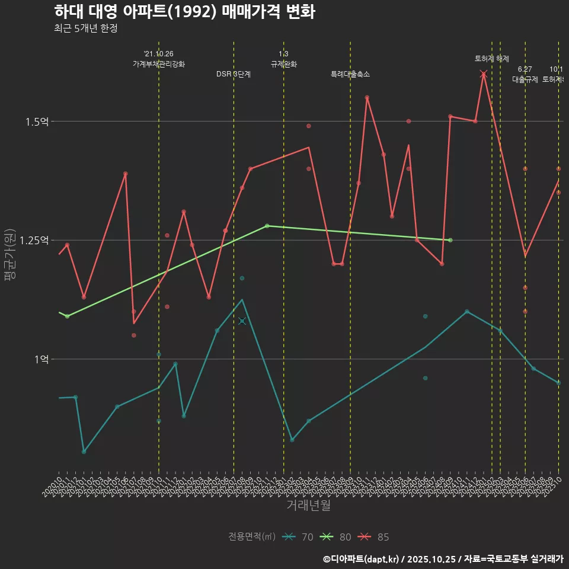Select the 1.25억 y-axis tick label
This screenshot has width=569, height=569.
(34, 240)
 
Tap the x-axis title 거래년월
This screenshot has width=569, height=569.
(308, 506)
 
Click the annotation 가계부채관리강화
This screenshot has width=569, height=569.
(159, 64)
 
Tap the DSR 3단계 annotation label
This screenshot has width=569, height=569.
(234, 74)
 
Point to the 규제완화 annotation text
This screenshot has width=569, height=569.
(283, 64)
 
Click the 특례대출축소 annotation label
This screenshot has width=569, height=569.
(350, 74)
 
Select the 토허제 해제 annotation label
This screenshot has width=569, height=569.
(491, 59)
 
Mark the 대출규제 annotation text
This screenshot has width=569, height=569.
(525, 79)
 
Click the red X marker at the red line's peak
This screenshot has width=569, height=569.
(484, 74)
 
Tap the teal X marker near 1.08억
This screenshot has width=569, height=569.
(242, 321)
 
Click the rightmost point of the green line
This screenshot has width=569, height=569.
(450, 240)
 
